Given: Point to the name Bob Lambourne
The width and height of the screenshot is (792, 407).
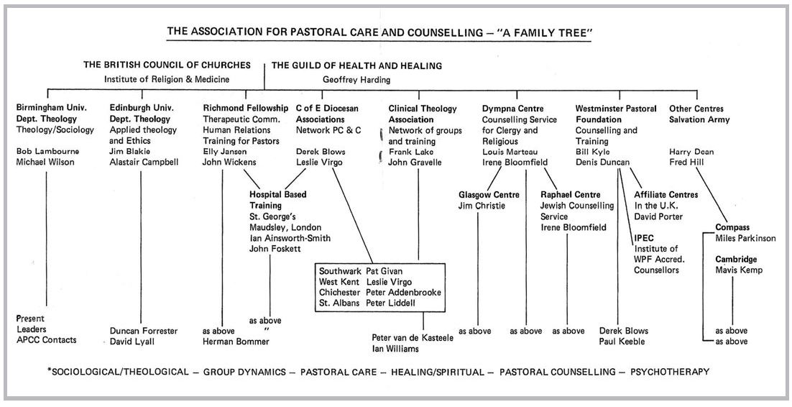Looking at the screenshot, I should (x=47, y=152).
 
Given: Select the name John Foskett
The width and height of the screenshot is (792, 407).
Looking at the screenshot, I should (x=277, y=249).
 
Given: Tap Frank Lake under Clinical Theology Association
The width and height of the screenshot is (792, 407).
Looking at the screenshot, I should (x=413, y=152).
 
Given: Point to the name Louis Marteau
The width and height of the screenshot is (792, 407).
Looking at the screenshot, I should (x=512, y=152).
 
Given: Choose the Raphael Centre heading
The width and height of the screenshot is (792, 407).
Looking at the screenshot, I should (x=571, y=195).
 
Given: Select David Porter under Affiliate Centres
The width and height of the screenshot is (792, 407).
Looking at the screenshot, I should (x=658, y=216).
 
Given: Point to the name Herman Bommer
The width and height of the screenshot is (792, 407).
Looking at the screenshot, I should (x=236, y=342).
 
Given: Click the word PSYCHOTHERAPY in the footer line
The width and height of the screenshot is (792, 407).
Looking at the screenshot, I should (x=670, y=372).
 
